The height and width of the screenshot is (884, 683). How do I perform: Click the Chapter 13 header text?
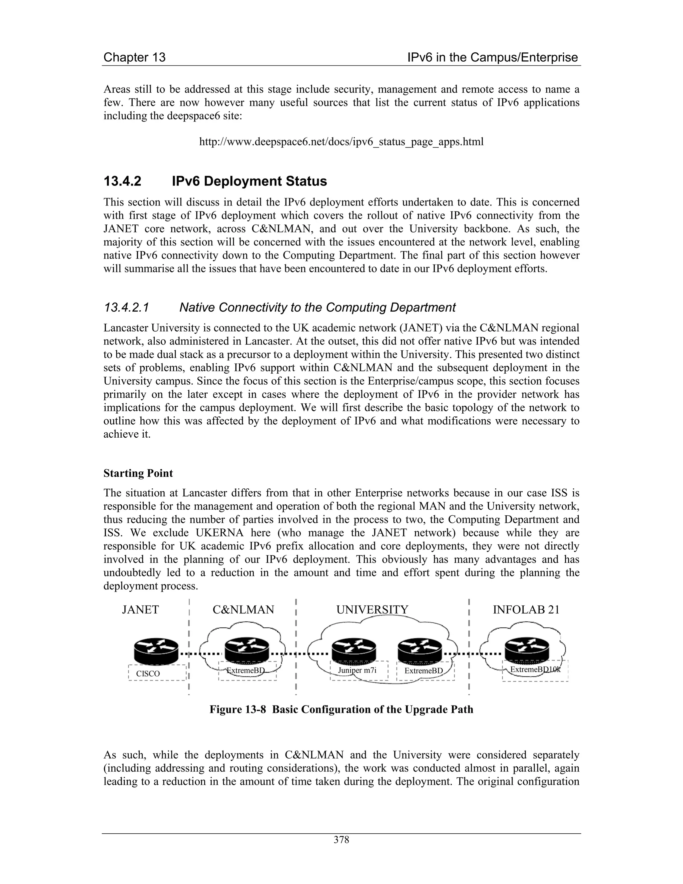134,57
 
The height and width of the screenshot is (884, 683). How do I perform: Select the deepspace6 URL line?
341,142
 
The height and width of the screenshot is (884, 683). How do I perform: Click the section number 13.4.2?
122,181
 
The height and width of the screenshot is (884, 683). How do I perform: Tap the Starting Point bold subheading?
138,473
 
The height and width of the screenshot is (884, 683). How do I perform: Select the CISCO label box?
157,673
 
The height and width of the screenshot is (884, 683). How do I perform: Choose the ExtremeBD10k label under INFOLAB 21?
535,670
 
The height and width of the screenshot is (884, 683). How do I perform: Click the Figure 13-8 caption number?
237,710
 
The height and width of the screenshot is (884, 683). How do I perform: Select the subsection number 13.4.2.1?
127,308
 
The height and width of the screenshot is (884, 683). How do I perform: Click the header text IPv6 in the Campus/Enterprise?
493,57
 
